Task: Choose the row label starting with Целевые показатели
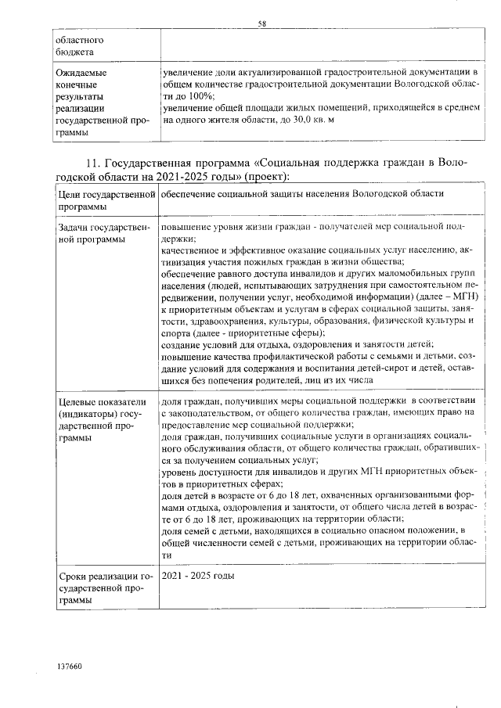coord(100,419)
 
